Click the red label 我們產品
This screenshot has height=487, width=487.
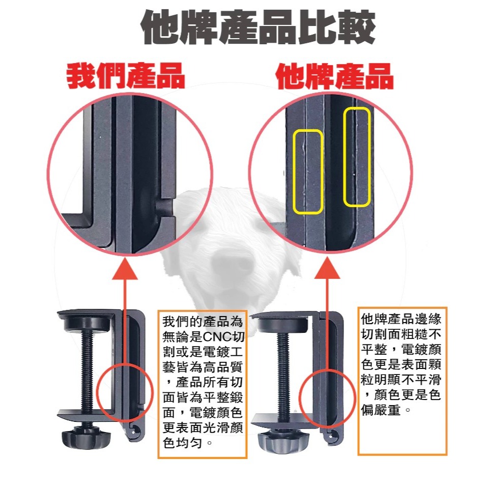[126, 76]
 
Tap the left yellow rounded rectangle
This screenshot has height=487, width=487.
[308, 171]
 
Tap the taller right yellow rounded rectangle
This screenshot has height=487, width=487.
[356, 157]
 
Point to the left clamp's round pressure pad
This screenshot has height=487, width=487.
[91, 324]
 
